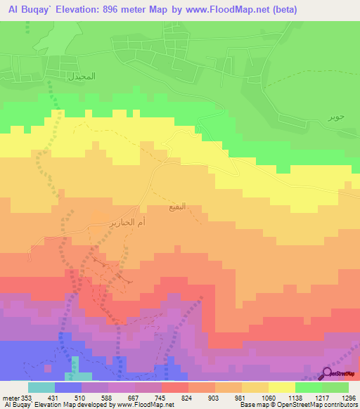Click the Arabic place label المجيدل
coord(81,74)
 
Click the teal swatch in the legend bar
coord(41,388)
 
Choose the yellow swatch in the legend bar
coord(281,388)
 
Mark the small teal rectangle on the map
coord(75,368)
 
